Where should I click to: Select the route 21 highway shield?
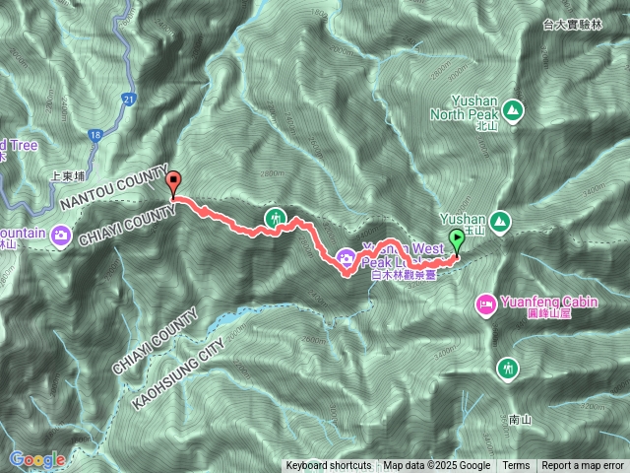pyautogui.click(x=130, y=99)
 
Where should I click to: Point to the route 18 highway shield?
pyautogui.click(x=94, y=134)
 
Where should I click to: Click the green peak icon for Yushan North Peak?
pyautogui.click(x=513, y=108)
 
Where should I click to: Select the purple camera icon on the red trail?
pyautogui.click(x=346, y=259)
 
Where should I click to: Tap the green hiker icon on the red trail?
pyautogui.click(x=276, y=217)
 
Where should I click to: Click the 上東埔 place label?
pyautogui.click(x=69, y=179)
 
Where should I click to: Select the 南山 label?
pyautogui.click(x=521, y=420)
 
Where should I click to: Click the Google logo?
pyautogui.click(x=36, y=459)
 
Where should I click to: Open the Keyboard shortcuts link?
pyautogui.click(x=329, y=466)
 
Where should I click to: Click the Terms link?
pyautogui.click(x=516, y=466)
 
